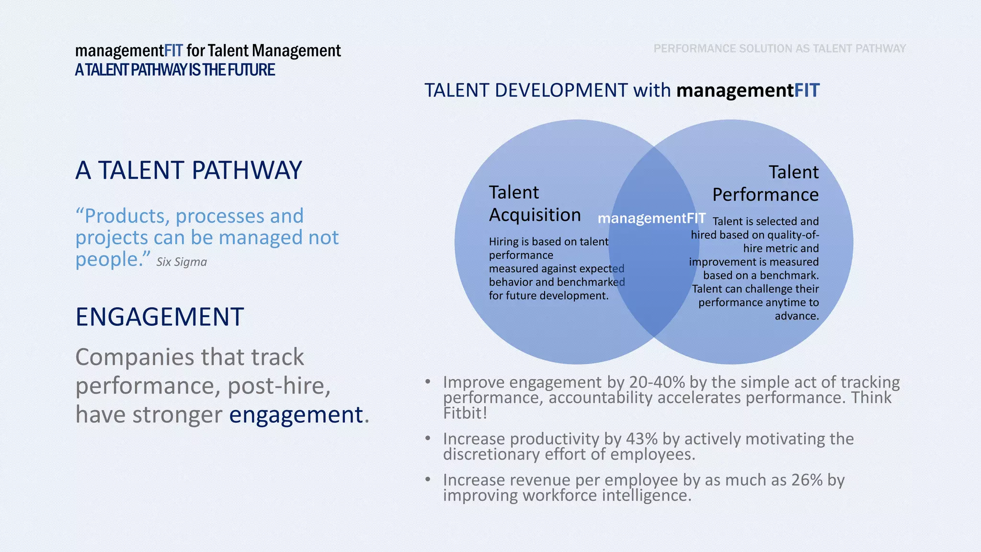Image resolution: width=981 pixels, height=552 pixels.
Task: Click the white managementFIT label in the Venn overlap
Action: [651, 218]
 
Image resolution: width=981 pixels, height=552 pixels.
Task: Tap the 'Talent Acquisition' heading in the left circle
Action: [535, 204]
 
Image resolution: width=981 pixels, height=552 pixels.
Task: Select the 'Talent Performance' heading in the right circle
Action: [765, 184]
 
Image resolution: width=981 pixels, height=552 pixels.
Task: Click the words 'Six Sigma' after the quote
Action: [182, 262]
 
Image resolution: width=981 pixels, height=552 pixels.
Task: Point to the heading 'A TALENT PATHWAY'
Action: [189, 171]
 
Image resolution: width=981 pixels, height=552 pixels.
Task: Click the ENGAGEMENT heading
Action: [160, 317]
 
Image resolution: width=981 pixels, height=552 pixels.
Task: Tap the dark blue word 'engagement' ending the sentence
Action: [296, 415]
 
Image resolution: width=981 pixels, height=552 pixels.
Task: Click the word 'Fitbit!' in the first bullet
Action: [465, 414]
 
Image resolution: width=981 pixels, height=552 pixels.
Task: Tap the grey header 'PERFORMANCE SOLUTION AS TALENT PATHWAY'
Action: [779, 48]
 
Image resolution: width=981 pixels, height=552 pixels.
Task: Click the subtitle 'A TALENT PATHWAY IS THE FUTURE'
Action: [175, 70]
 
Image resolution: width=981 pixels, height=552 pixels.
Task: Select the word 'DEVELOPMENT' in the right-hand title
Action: [561, 91]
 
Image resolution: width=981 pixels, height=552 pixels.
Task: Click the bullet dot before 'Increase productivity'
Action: [428, 438]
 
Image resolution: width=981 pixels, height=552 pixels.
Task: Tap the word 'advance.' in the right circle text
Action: [797, 316]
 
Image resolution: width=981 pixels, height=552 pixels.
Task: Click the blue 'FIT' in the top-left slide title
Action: [173, 51]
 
